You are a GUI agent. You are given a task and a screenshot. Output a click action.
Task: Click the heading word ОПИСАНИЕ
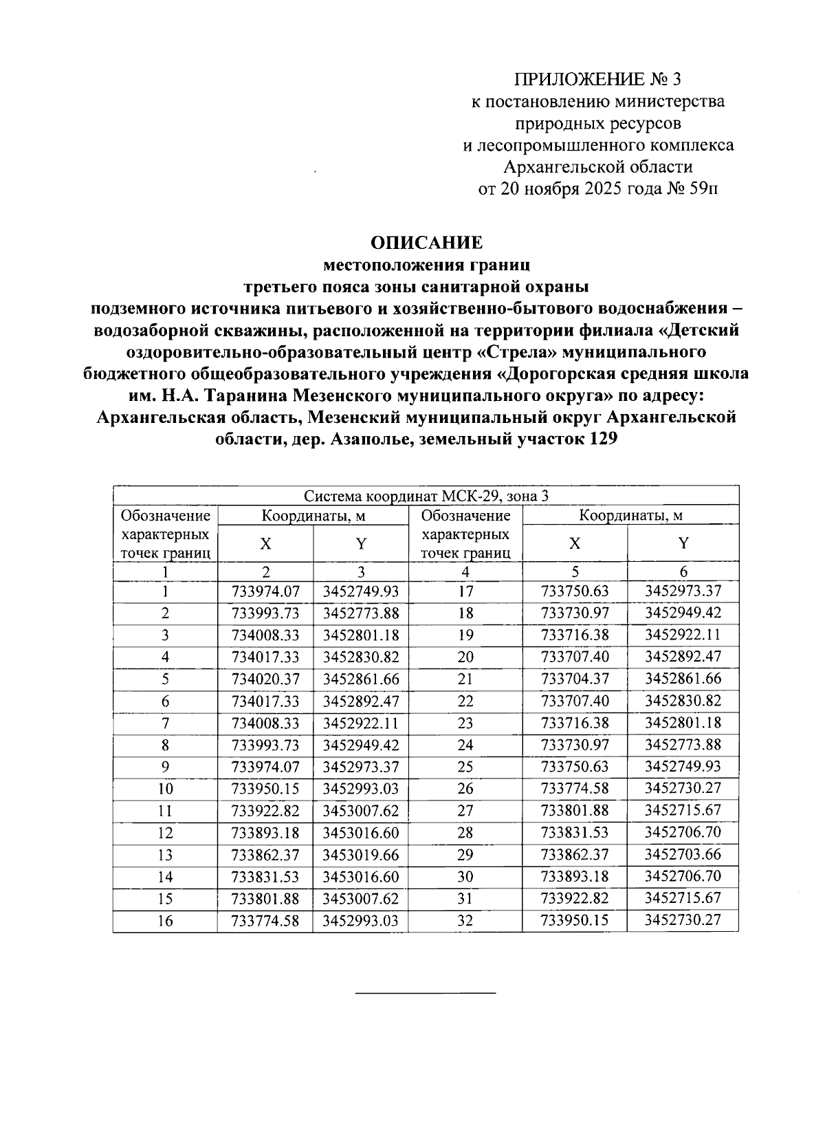426,243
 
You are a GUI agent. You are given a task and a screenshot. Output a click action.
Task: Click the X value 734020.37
265,679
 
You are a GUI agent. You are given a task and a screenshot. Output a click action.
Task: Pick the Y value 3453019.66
360,855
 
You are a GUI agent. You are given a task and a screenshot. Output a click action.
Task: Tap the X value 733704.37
575,679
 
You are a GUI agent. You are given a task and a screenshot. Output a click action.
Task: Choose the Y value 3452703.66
683,855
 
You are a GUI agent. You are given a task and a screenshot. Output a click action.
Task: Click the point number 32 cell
465,921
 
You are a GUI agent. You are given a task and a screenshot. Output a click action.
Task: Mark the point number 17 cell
465,591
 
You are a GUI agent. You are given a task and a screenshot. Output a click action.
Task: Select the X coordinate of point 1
265,591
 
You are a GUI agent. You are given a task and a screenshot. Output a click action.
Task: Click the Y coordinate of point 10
360,789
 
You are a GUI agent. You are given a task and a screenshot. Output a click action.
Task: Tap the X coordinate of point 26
575,789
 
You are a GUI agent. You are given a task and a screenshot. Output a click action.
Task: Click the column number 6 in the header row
683,571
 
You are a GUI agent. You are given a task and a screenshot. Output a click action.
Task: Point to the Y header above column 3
360,544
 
